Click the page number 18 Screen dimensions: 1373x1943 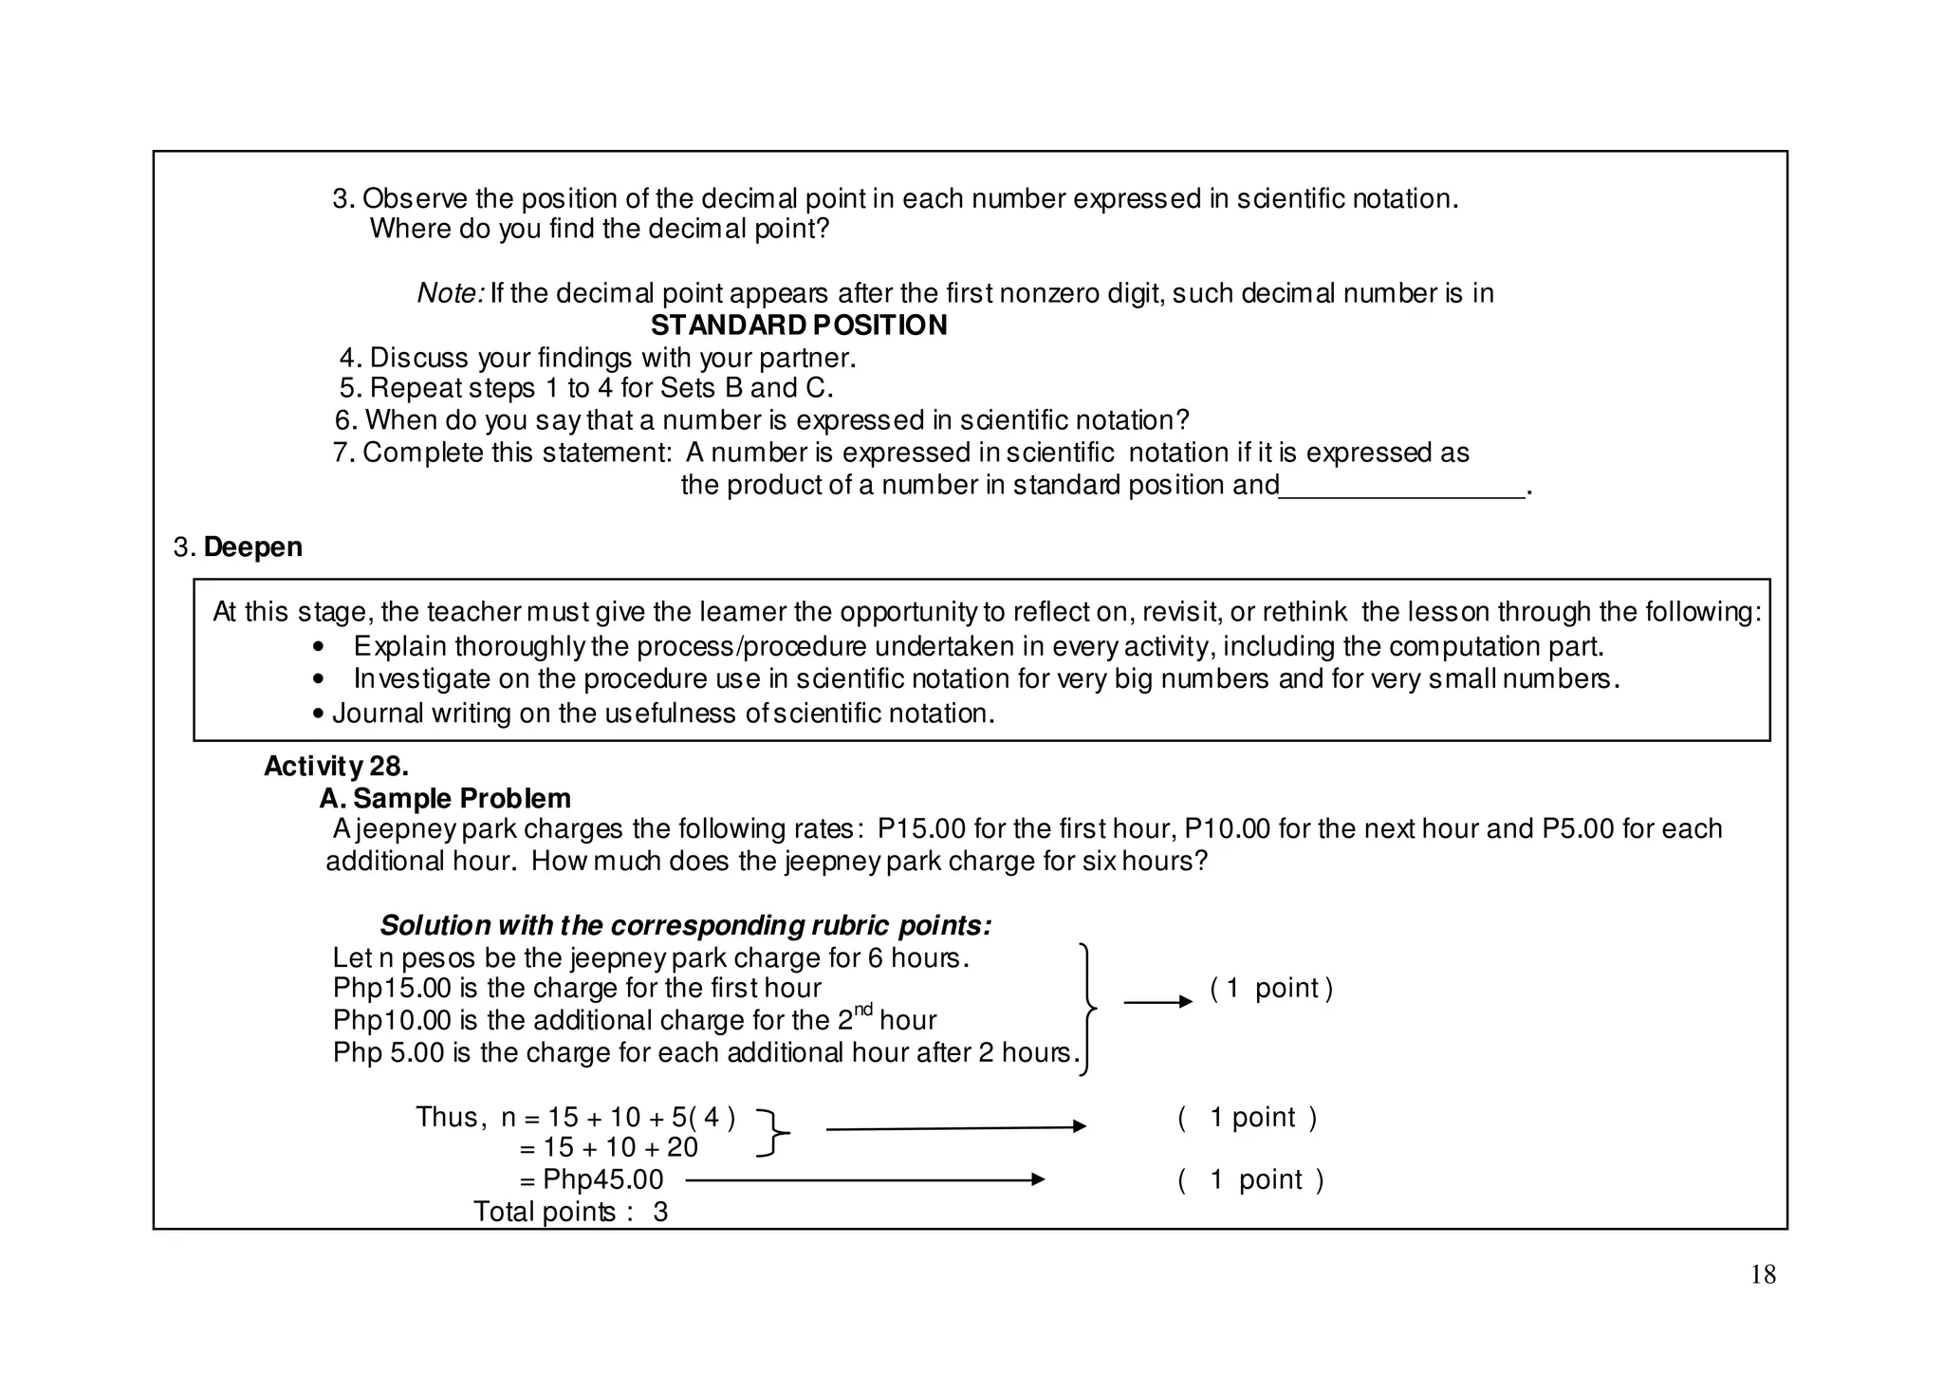tap(1763, 1274)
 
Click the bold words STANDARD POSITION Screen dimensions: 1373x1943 tap(799, 325)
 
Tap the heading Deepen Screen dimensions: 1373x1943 tap(252, 547)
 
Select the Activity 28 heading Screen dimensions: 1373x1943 tap(336, 766)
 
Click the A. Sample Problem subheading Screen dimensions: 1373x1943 tap(445, 798)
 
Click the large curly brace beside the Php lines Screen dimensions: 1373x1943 tap(1088, 1008)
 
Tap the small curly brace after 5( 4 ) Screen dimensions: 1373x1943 tap(774, 1133)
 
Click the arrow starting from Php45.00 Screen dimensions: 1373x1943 tap(864, 1179)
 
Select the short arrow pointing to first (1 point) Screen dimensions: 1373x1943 tap(1157, 1001)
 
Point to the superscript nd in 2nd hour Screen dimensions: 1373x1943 tap(862, 1010)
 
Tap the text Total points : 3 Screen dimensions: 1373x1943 tap(570, 1212)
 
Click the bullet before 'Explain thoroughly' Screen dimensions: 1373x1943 tap(319, 648)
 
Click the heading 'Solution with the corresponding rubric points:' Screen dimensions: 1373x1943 tap(685, 925)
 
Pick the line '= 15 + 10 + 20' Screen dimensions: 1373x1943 tap(608, 1147)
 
